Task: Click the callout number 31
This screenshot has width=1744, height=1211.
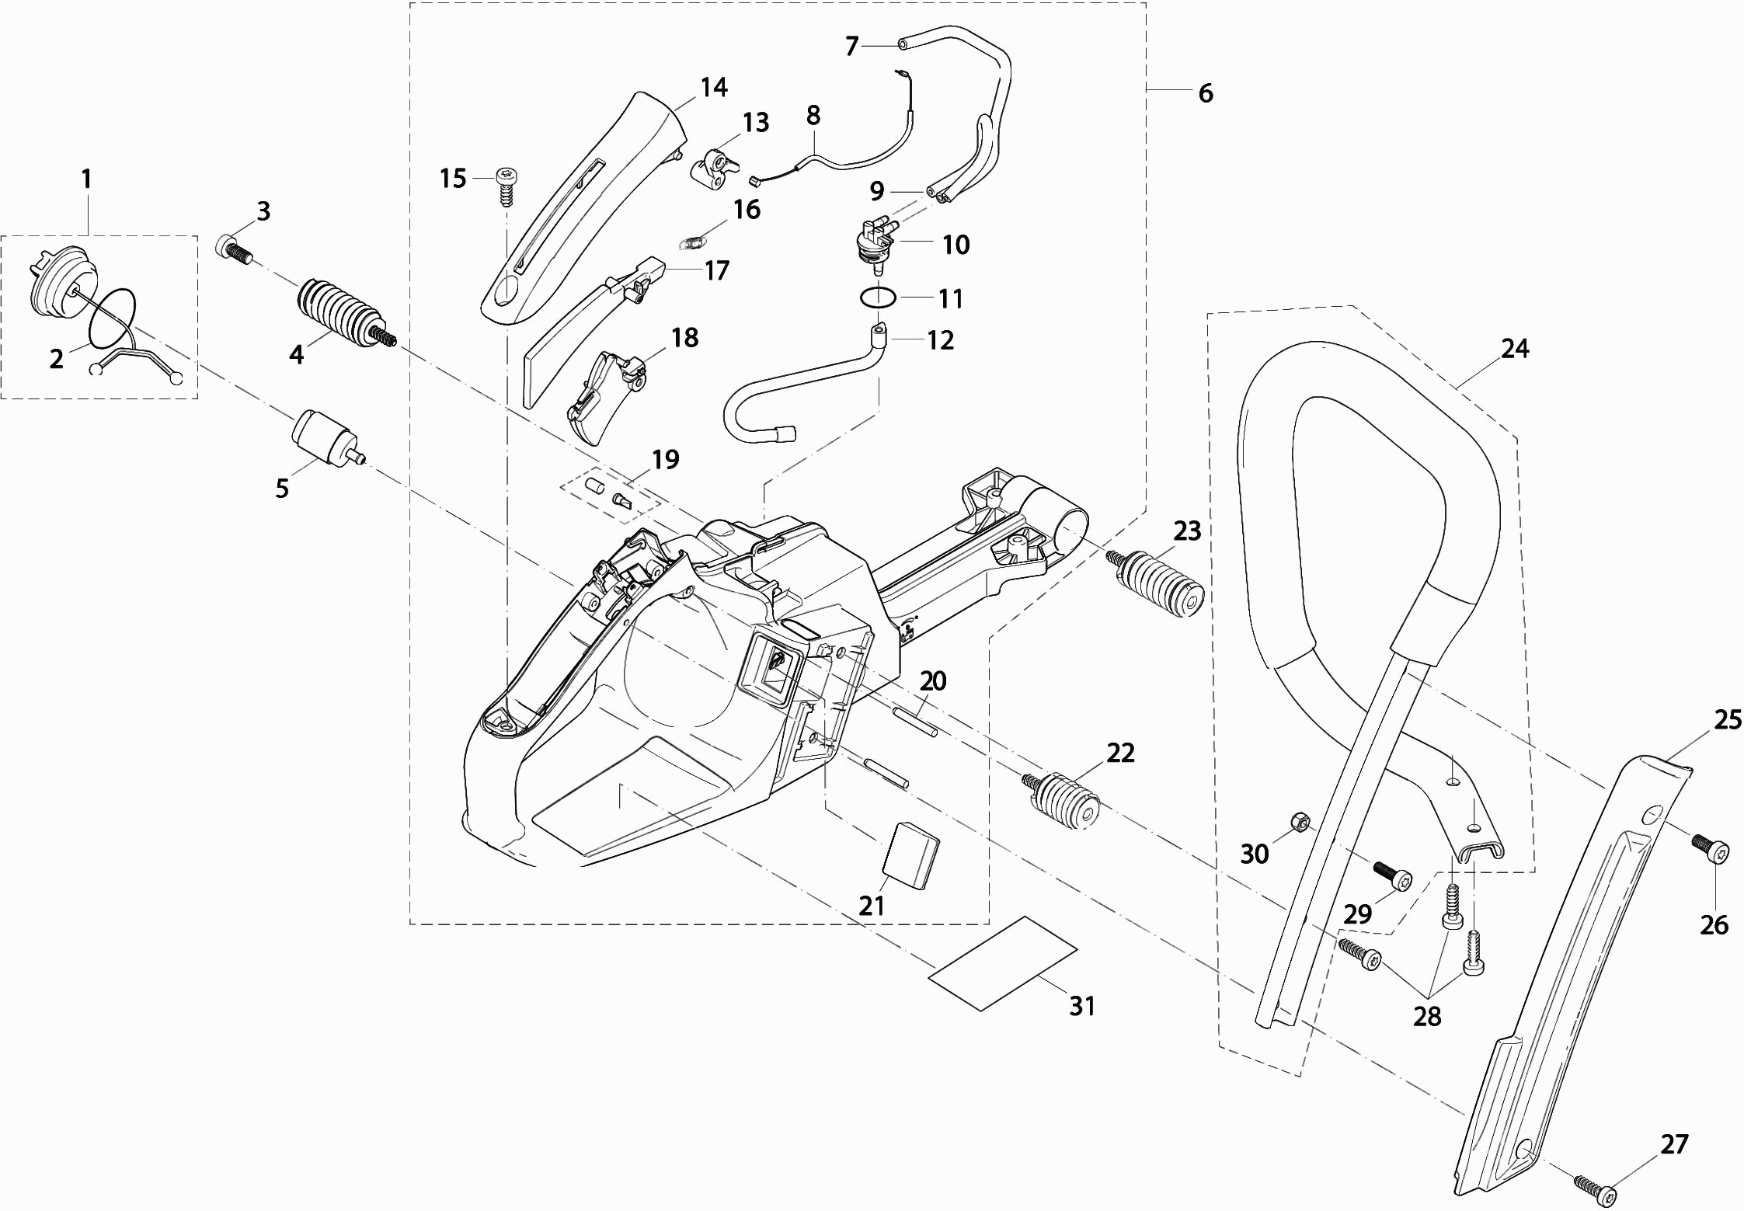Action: coord(1082,1006)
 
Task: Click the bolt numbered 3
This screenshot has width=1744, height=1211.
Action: coord(231,249)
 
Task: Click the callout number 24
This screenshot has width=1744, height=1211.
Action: coord(1514,349)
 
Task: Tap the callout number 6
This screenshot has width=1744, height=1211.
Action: coord(1205,93)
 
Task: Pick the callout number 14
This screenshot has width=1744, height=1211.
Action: coord(713,87)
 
